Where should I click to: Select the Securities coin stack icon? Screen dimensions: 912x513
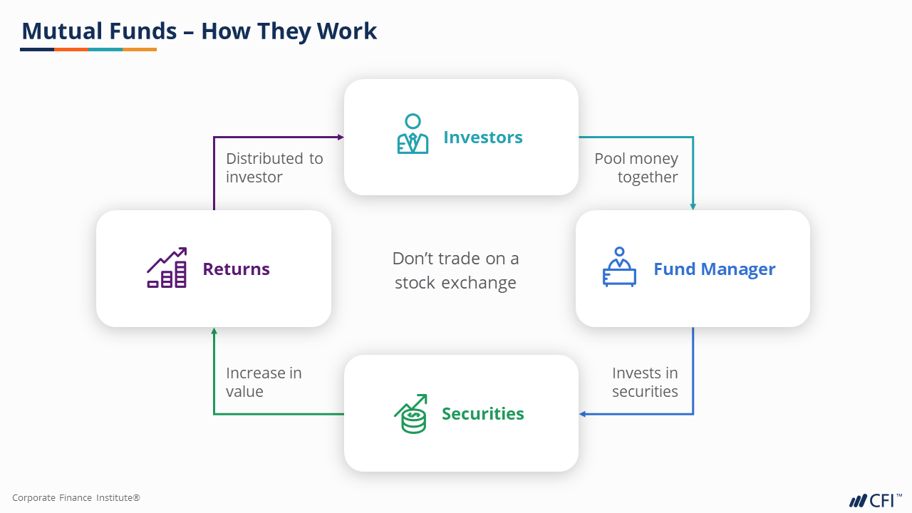(411, 414)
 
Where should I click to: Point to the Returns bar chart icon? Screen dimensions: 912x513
(167, 268)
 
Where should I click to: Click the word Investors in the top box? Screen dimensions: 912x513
(482, 137)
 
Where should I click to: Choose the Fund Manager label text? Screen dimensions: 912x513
(714, 269)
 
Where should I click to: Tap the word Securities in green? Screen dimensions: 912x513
(482, 414)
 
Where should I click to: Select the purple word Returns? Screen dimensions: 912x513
(236, 269)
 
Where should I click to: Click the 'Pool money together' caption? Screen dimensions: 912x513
(636, 167)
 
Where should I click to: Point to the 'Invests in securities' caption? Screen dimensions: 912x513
(645, 382)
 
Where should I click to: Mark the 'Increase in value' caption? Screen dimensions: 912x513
(263, 382)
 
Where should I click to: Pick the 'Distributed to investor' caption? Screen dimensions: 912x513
(274, 167)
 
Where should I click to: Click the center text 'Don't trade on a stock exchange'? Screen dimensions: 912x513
(456, 271)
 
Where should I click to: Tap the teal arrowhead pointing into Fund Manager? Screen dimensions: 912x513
(693, 207)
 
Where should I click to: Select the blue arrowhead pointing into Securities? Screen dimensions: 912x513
(582, 414)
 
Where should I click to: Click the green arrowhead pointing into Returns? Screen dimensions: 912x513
(214, 331)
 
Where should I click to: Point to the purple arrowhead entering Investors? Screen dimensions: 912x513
(341, 137)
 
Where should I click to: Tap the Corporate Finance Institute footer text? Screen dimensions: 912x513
(76, 498)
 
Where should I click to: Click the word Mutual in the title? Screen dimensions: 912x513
(63, 31)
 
